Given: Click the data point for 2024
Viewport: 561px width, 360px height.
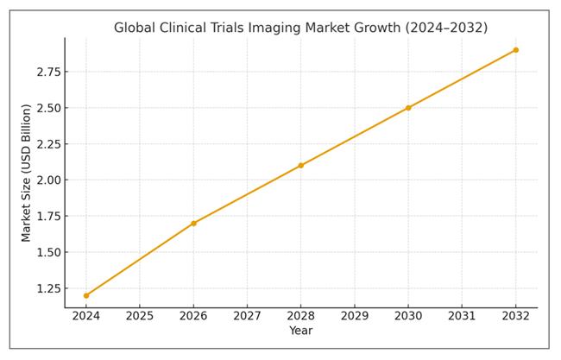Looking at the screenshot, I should tap(86, 295).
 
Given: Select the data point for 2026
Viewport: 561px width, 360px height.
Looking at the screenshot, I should tap(193, 224).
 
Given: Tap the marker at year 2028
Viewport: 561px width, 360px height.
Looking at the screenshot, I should tap(300, 166).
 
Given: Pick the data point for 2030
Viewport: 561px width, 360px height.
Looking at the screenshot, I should tap(408, 108).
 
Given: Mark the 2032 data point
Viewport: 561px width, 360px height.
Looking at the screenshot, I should tap(515, 50).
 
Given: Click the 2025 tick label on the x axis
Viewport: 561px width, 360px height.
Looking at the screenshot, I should tap(140, 316).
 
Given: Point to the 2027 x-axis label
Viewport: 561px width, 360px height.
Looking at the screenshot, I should tap(247, 316).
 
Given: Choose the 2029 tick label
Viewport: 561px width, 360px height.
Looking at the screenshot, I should tap(355, 316).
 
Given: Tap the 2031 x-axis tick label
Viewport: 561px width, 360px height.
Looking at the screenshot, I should tap(462, 316).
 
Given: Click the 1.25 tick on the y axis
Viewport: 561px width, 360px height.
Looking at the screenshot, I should tap(47, 288).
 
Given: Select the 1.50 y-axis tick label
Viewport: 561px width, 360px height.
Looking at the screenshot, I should tap(47, 252).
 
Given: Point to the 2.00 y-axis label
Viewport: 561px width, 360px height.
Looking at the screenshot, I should tap(47, 180).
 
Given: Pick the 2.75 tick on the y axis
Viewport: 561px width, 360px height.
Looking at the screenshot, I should tap(47, 72).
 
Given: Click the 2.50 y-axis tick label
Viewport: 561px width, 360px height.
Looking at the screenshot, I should tap(47, 108).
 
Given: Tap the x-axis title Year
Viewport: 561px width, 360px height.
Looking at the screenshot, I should tap(300, 331).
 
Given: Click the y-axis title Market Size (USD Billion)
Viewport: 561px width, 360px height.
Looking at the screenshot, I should tap(27, 173).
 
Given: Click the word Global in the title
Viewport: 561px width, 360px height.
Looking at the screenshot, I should tap(135, 28).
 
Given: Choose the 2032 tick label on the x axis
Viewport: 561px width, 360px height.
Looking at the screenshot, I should tap(515, 316).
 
